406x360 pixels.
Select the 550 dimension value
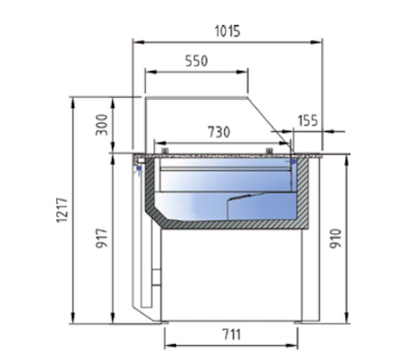tap(196, 61)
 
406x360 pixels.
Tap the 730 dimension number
tap(219, 132)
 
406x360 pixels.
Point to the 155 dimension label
tap(308, 120)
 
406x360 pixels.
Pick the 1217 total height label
tap(61, 210)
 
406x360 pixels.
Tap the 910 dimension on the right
tap(337, 238)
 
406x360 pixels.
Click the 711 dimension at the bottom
tap(232, 335)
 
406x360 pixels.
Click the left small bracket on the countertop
tap(165, 150)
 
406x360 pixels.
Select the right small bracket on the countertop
tap(268, 150)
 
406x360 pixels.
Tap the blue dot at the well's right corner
tap(294, 161)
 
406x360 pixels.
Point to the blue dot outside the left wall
tap(138, 167)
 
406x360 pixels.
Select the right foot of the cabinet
tap(299, 322)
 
